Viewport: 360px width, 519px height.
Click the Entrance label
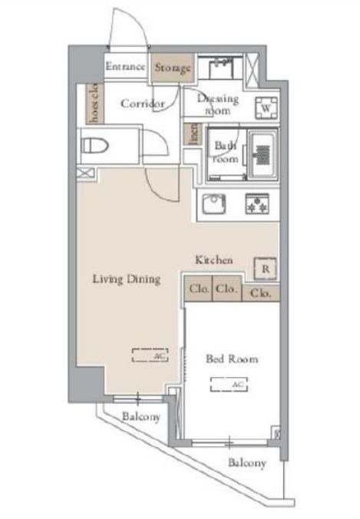[125, 67]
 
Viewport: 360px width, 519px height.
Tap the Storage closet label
[172, 68]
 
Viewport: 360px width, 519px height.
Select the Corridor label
[143, 102]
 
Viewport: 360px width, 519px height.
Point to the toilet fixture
[97, 145]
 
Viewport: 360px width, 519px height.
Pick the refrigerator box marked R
[265, 269]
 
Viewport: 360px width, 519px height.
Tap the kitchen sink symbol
[213, 204]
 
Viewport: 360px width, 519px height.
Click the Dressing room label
[218, 104]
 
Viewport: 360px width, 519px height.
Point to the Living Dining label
[127, 279]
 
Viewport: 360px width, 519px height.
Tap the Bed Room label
[231, 359]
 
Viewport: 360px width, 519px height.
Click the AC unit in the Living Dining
[150, 355]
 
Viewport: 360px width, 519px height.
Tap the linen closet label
[193, 135]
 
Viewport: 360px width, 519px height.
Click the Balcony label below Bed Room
[247, 463]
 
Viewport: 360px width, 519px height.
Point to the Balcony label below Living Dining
[140, 417]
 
